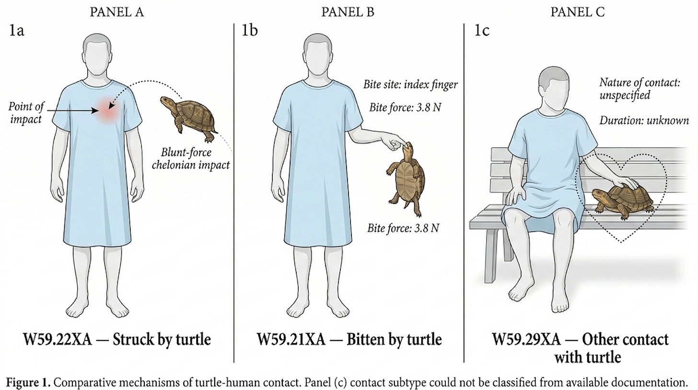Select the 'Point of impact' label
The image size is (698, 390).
(x=26, y=113)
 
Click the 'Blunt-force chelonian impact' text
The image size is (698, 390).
(x=191, y=159)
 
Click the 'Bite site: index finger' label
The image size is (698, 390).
(x=410, y=85)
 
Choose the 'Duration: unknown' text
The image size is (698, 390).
(x=644, y=121)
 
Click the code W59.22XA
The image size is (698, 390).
(x=58, y=340)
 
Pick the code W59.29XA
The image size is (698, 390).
(x=526, y=340)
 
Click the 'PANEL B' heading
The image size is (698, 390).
(x=348, y=12)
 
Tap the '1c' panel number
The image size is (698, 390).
(x=482, y=31)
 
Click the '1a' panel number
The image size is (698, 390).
(x=16, y=31)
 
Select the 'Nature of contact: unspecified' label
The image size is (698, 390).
(x=640, y=89)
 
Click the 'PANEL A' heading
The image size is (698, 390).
(x=117, y=12)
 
